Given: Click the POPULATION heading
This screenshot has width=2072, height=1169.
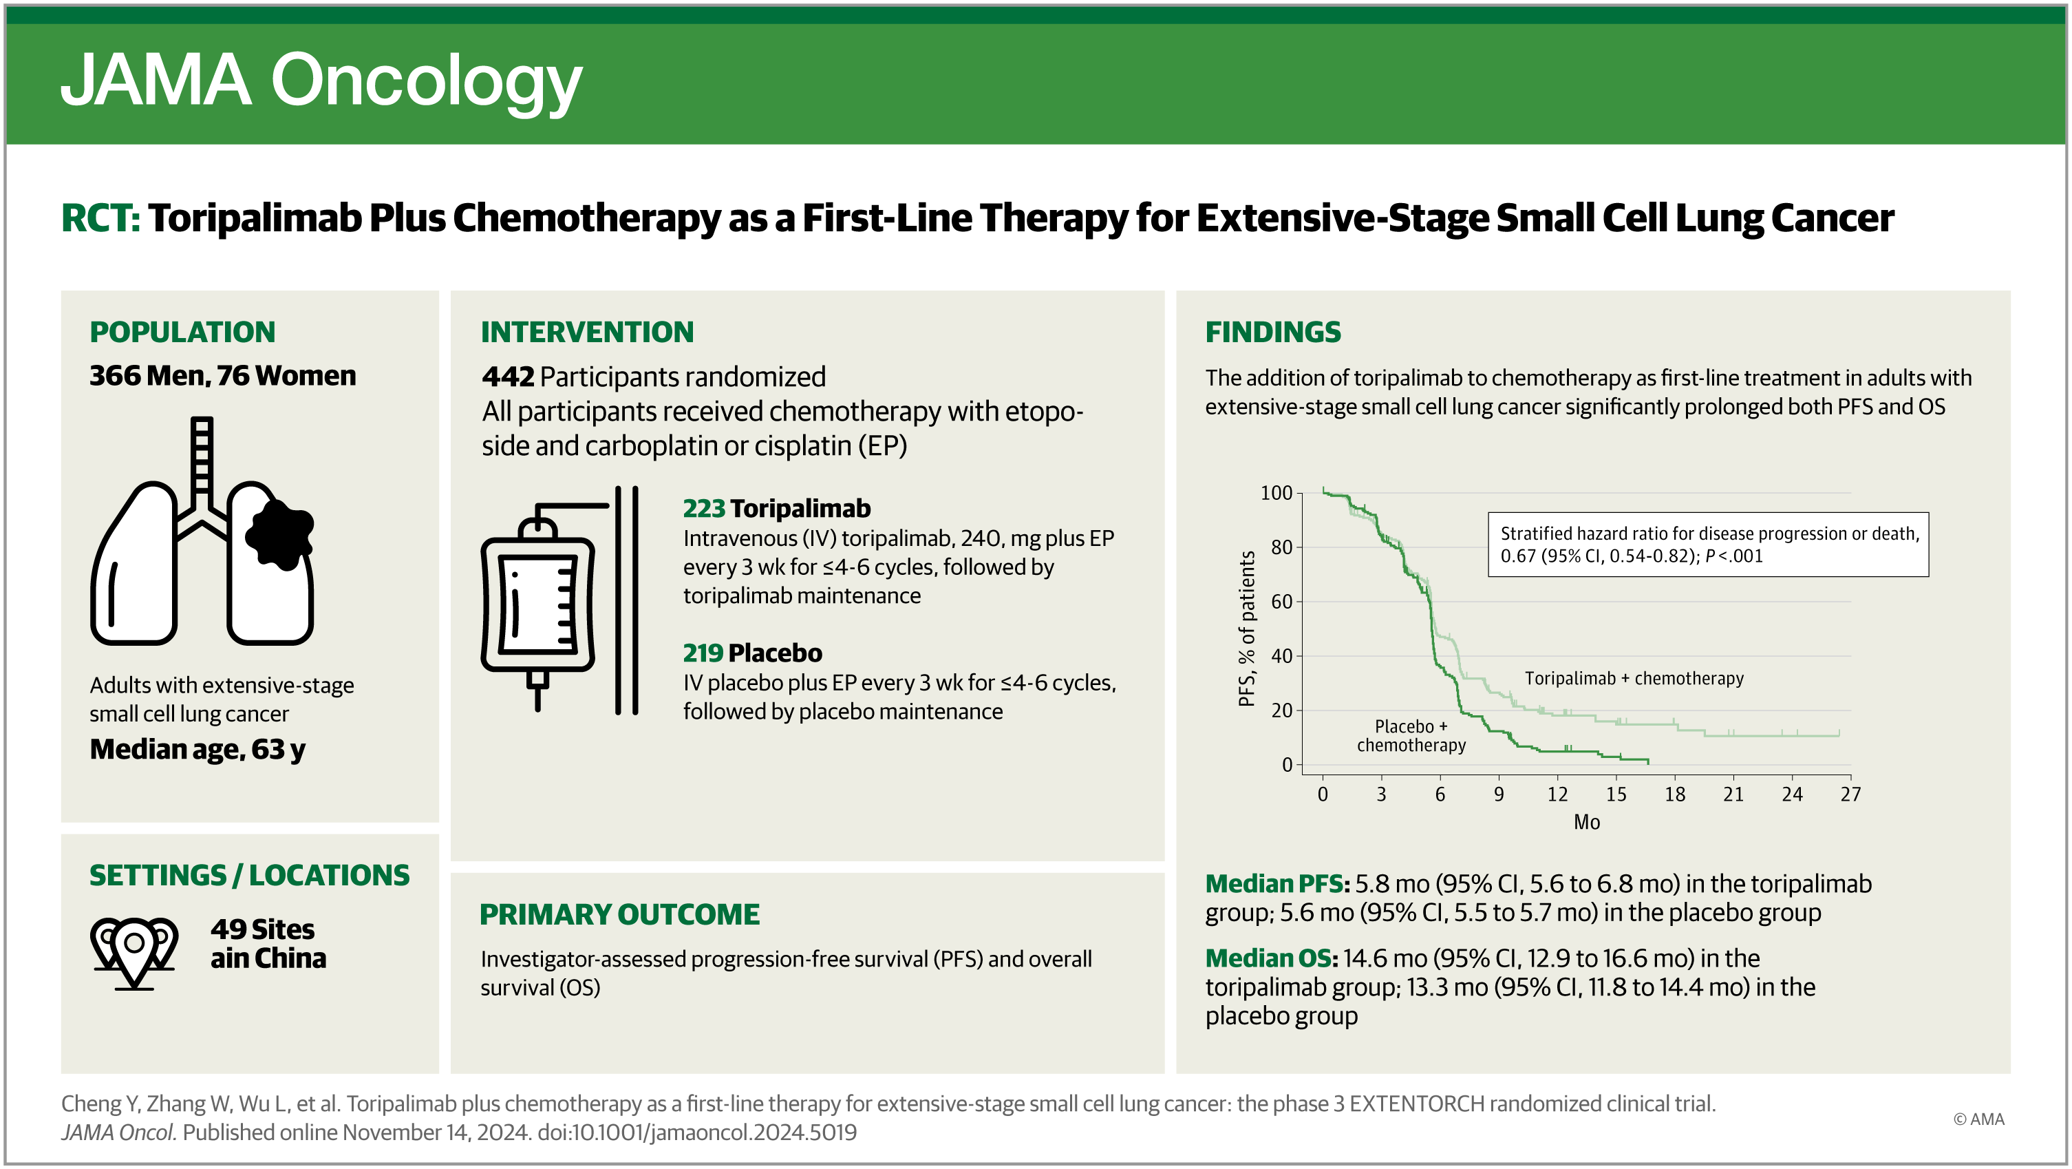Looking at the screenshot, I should [182, 331].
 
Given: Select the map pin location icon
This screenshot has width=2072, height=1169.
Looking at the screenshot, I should [134, 951].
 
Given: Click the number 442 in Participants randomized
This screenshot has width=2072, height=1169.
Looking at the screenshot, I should [508, 377].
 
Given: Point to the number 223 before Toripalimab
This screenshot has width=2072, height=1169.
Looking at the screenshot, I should [704, 509].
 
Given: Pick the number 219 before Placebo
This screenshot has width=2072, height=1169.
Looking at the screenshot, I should [703, 653].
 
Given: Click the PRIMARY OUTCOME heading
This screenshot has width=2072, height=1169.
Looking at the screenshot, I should [619, 914].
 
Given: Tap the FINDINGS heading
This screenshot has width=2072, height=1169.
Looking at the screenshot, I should [1272, 331].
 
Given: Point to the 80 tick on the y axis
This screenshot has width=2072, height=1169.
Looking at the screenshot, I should [1281, 548].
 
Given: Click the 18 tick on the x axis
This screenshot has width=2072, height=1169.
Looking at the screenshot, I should [1675, 794].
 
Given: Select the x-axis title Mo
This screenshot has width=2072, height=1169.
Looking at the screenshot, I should [1586, 822].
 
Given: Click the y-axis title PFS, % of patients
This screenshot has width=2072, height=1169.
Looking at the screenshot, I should [1247, 629].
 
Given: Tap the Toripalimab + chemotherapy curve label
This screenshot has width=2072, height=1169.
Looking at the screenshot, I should [1634, 678].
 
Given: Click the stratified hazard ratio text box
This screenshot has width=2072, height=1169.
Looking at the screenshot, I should [1708, 545].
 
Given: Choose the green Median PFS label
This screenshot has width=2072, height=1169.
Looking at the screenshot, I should [1277, 883].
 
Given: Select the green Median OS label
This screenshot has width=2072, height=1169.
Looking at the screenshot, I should [1271, 958].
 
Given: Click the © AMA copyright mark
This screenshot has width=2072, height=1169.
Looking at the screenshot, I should [1978, 1119].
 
